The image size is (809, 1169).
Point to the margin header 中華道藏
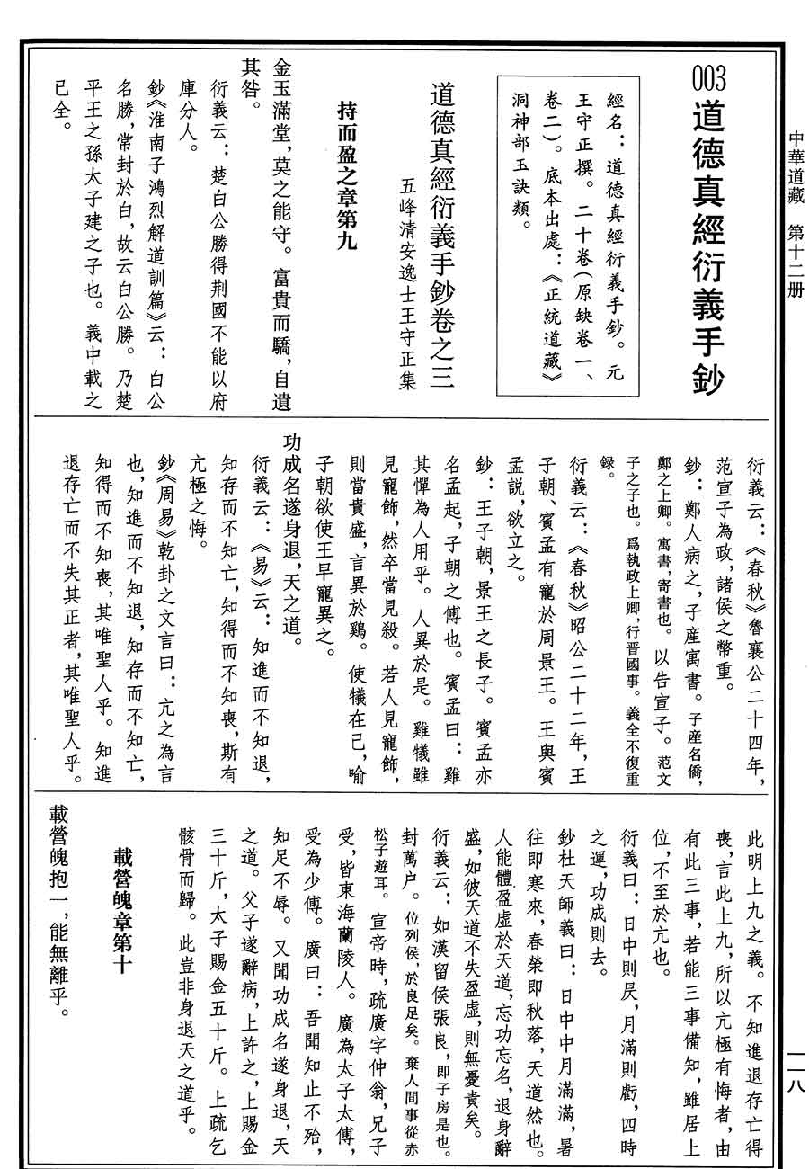point(796,172)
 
